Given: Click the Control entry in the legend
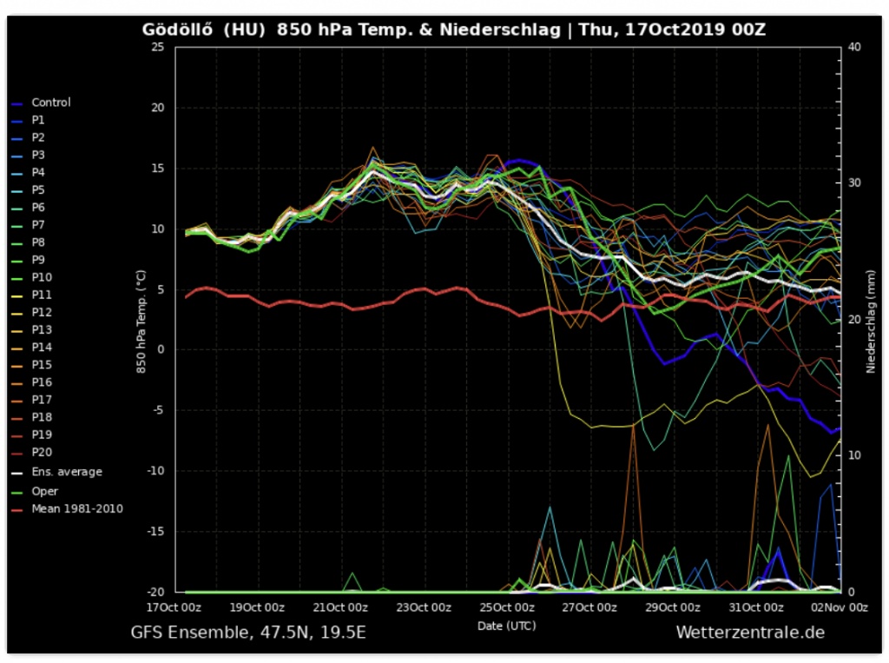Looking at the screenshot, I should point(50,103).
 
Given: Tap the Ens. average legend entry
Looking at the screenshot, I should point(66,472).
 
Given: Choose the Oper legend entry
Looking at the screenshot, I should point(44,491).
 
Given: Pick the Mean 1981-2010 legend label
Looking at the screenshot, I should point(76,508).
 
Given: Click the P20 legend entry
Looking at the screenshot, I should point(42,452).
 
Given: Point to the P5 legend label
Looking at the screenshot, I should point(38,189).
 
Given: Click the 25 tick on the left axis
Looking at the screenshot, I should point(157,47).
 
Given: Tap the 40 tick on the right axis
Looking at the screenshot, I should point(854,47).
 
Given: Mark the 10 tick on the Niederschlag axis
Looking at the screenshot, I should point(854,456).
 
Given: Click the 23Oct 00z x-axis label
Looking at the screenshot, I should point(420,607).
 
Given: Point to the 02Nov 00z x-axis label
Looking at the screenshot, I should point(840,607).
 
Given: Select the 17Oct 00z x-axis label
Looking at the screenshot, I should point(174,607).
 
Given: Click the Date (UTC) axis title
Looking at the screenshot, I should point(506,626).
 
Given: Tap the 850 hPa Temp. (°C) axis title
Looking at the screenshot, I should point(140,320).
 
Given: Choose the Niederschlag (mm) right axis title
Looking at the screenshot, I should point(871,320).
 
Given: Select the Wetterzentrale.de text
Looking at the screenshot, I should point(749,633).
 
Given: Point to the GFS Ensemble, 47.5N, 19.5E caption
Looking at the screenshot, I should point(248,633).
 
